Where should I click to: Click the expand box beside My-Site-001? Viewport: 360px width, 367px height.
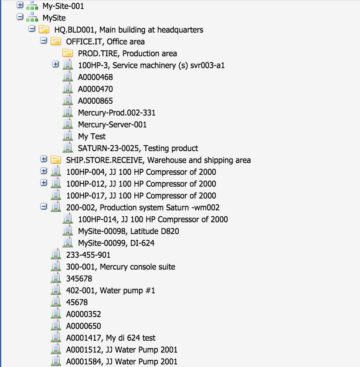click(x=20, y=5)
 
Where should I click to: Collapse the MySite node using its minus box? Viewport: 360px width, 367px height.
click(x=20, y=17)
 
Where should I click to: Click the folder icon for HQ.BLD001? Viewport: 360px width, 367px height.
click(x=44, y=29)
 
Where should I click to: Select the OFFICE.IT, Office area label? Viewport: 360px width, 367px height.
click(x=105, y=41)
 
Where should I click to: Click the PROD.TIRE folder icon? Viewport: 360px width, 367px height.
click(x=68, y=53)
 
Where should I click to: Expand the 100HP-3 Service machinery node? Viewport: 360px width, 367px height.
click(x=55, y=65)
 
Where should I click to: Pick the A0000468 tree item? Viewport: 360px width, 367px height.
click(x=95, y=77)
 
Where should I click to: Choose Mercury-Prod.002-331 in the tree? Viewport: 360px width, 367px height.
click(x=117, y=113)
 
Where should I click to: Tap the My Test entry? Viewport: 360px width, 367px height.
click(x=92, y=136)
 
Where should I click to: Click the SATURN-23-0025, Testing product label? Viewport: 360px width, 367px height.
click(x=138, y=148)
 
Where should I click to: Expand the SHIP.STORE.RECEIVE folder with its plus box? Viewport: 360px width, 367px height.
click(x=44, y=160)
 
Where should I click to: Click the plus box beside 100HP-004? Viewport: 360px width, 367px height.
click(x=44, y=171)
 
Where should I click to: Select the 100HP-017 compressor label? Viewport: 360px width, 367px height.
click(x=141, y=196)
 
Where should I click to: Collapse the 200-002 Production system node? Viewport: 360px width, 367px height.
click(x=44, y=207)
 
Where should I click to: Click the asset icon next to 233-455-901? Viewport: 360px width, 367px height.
click(x=56, y=254)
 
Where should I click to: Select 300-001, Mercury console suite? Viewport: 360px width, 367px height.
click(x=121, y=267)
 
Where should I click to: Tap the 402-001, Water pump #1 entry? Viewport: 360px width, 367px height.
click(x=110, y=290)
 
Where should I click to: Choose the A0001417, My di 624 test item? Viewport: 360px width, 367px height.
click(x=111, y=338)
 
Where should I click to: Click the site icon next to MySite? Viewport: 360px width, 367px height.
click(x=32, y=17)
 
